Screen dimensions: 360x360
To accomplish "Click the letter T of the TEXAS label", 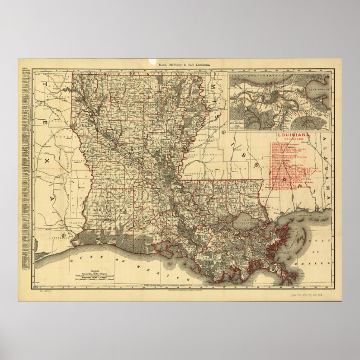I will [x=41, y=82].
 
